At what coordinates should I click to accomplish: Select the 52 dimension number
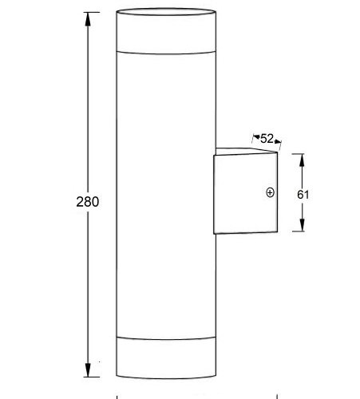[x=267, y=138]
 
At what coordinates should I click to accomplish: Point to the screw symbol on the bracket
[x=270, y=192]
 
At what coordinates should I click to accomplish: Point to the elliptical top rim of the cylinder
[x=166, y=11]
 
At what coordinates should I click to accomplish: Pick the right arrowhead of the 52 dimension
[x=279, y=143]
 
